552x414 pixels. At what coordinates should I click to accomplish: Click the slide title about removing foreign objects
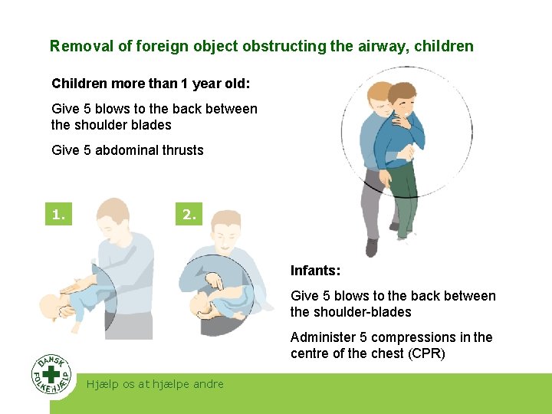[261, 46]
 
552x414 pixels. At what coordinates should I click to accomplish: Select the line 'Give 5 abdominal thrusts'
[127, 150]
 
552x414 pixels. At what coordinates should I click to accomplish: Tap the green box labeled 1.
[58, 215]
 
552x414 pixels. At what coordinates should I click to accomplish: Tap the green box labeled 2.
[189, 215]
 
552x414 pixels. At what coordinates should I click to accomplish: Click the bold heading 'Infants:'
[315, 271]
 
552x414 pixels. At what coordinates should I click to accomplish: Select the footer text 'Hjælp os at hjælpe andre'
[156, 384]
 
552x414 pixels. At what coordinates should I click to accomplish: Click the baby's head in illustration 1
[51, 308]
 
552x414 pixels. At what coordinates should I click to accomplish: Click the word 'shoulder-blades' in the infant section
[363, 312]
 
